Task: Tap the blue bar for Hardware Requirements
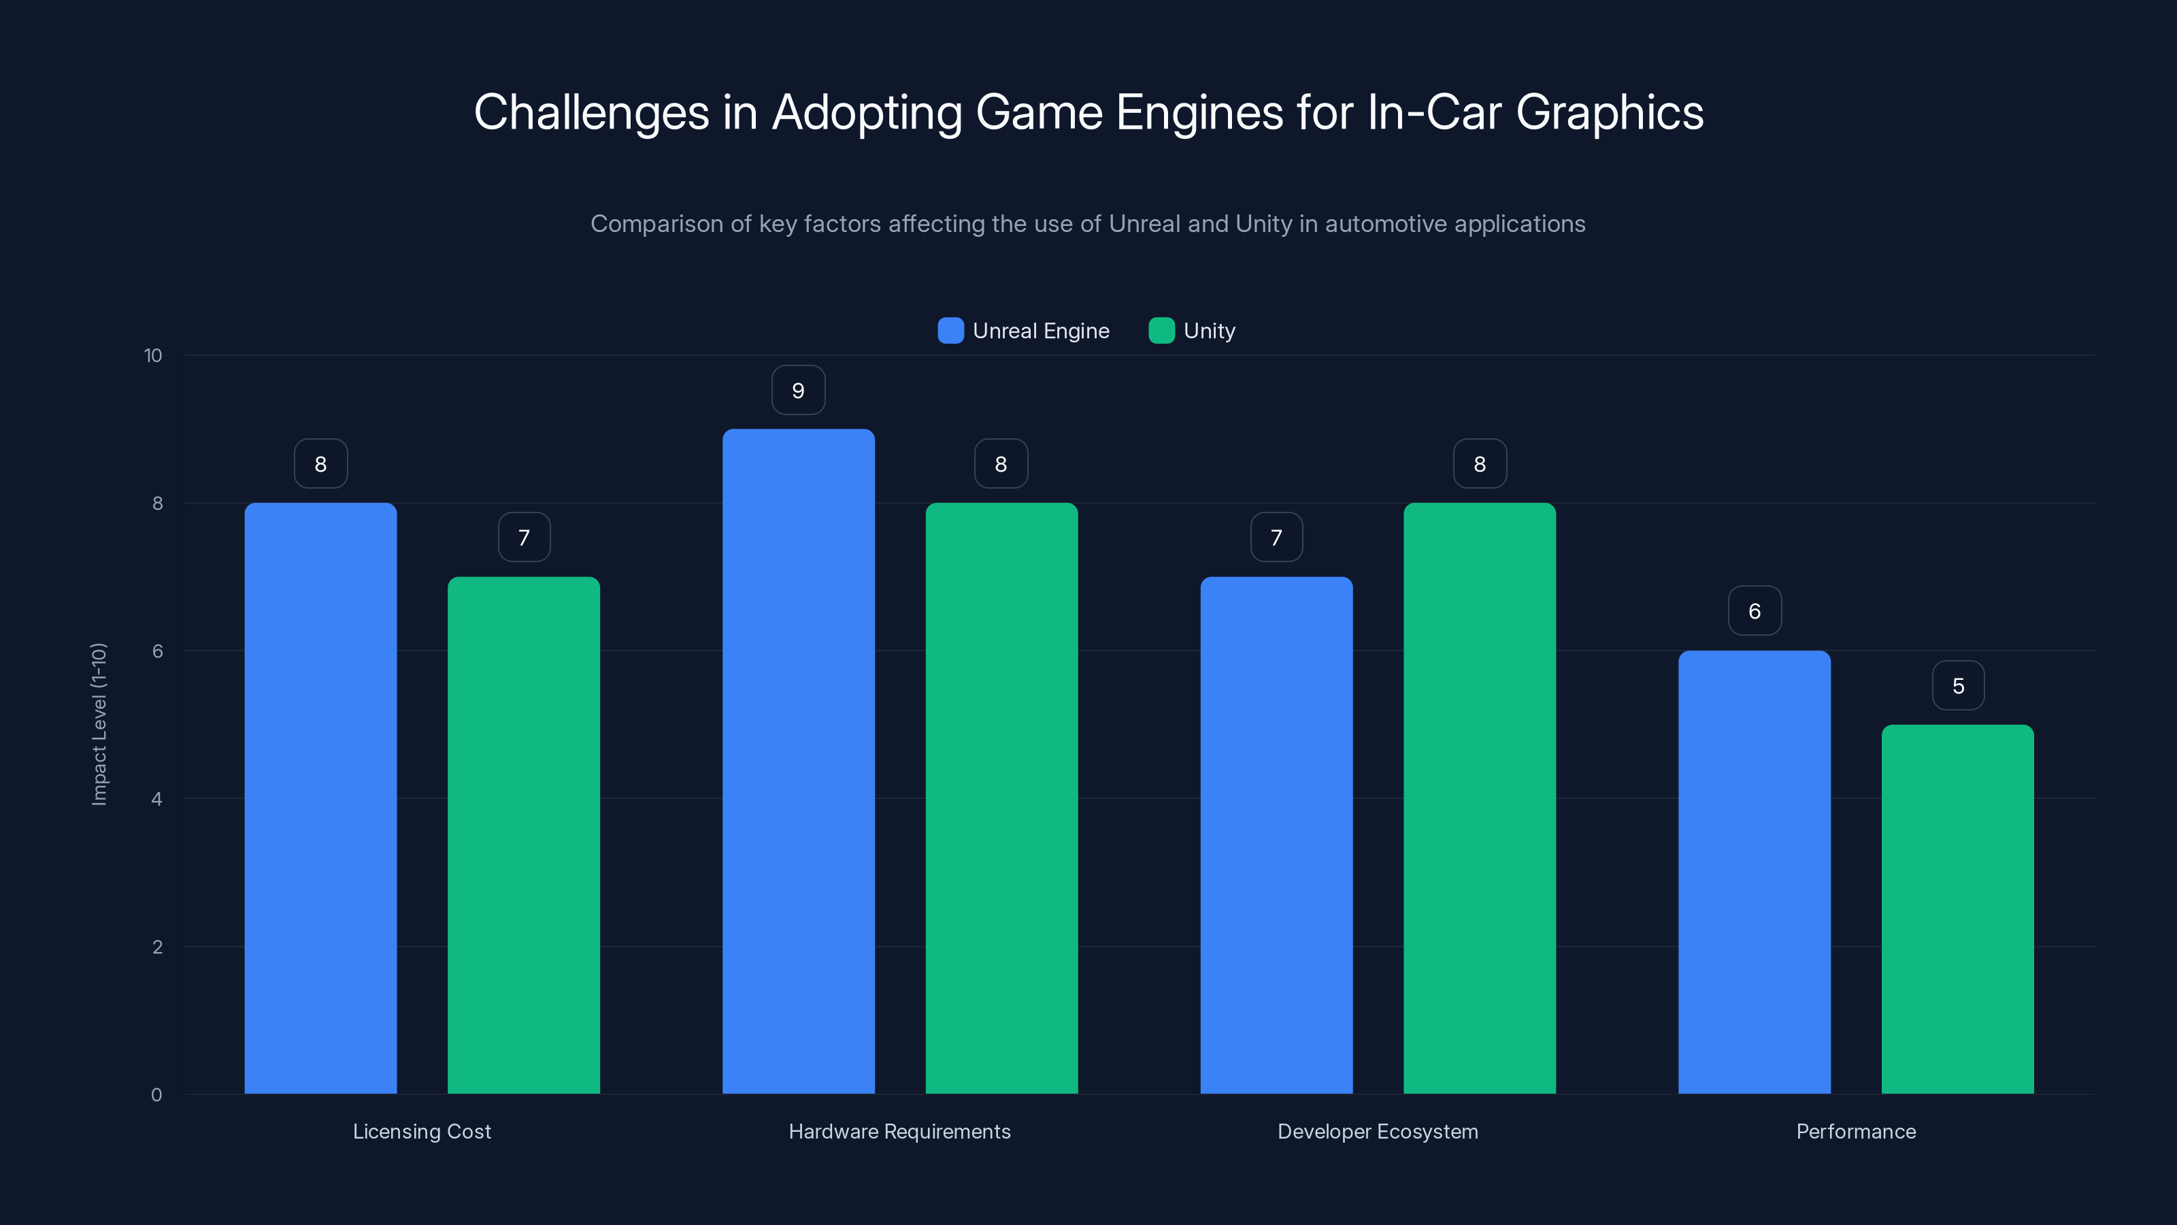[798, 761]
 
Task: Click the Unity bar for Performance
[1957, 909]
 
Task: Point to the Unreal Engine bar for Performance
[1754, 872]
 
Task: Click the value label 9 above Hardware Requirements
[798, 391]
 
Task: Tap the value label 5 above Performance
[1957, 685]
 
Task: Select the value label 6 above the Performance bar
[1754, 611]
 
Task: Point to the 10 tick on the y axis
[153, 355]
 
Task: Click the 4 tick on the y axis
[156, 799]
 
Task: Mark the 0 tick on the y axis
[156, 1095]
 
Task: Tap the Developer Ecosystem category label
[1378, 1131]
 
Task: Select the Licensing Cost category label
[422, 1131]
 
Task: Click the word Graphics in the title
[1609, 112]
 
